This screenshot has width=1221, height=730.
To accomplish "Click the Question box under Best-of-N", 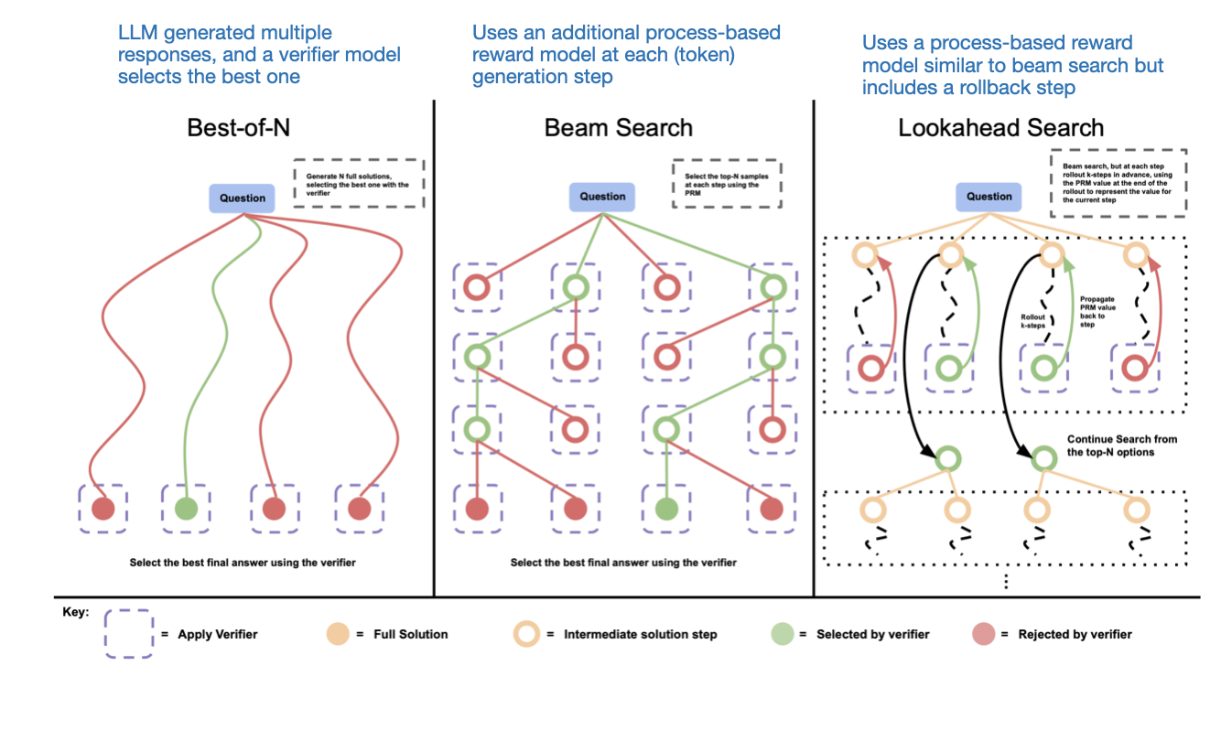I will [x=243, y=198].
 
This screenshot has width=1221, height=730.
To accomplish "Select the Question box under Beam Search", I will [x=602, y=196].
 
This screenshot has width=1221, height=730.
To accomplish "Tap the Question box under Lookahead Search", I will [x=989, y=196].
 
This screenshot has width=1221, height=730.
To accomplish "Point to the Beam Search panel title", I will [x=618, y=127].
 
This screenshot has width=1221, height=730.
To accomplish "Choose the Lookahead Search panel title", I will [x=1000, y=127].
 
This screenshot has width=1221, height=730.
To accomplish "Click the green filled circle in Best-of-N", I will [x=186, y=508].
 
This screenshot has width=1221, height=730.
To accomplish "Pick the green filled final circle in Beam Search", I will [x=666, y=508].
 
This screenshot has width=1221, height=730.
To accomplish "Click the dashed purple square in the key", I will [x=128, y=633].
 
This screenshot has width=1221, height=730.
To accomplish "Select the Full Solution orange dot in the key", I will [x=336, y=633].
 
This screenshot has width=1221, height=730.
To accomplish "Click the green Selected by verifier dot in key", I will [x=781, y=633].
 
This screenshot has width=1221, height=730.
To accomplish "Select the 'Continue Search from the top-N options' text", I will [x=1122, y=446].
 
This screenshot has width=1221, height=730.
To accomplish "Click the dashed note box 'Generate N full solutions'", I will [x=359, y=184].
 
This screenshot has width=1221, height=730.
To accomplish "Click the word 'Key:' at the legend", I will [x=76, y=611].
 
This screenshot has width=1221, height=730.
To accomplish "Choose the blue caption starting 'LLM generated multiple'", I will [x=259, y=55].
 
